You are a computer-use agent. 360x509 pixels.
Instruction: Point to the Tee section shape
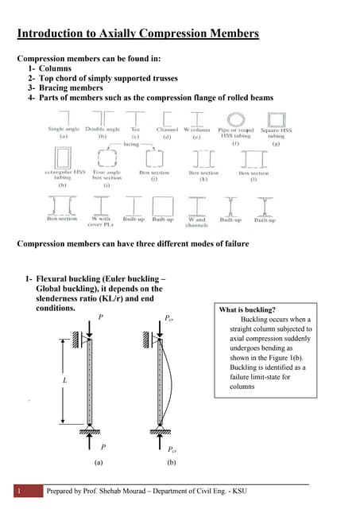point(135,116)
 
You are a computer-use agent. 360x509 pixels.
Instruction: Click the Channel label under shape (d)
point(167,128)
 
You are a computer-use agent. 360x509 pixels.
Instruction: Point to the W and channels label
point(196,221)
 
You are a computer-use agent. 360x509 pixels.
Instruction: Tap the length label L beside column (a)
point(63,381)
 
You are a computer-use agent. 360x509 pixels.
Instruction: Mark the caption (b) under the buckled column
point(171,461)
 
